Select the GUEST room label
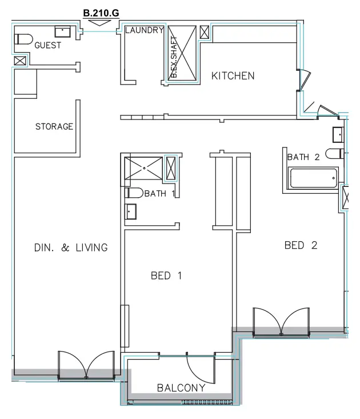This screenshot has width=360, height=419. tap(48, 45)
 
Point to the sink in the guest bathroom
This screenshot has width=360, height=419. tap(62, 31)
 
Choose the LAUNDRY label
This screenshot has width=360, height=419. tap(144, 30)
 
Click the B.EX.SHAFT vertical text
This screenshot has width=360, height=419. tap(174, 57)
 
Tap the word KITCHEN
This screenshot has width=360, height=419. tap(233, 75)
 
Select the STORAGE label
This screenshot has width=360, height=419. tap(54, 126)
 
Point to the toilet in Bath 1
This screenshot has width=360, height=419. tap(134, 193)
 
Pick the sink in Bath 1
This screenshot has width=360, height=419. tap(132, 212)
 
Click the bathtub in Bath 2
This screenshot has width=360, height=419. tap(313, 178)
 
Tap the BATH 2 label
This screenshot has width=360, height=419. tap(303, 157)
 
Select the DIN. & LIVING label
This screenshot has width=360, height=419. tap(71, 248)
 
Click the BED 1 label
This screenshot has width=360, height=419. tap(166, 276)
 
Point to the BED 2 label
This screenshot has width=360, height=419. tap(301, 245)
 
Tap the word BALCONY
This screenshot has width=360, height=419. tap(181, 388)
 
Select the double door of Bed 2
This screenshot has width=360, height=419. tap(281, 322)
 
